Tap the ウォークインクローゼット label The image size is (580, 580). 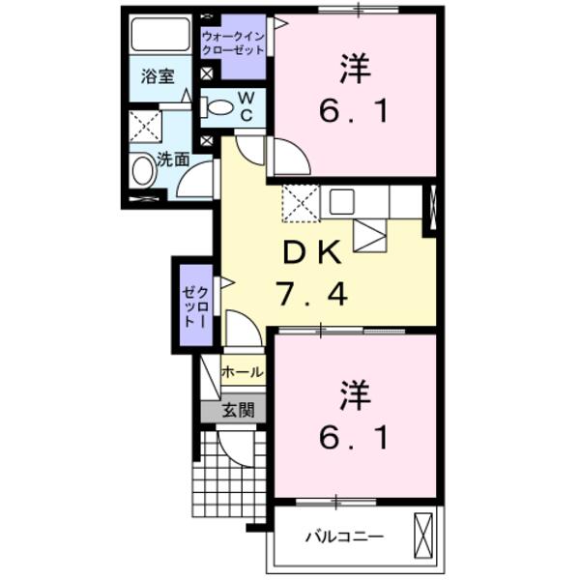pos(233,43)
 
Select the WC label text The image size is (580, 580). pos(246,106)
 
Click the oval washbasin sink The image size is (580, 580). pos(143,172)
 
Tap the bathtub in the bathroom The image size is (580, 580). pos(160,35)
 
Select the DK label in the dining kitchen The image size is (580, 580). pos(311,253)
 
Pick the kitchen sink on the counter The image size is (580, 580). pos(343,201)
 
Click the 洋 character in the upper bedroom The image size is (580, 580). pos(356,70)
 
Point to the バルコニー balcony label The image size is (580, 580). pos(344,536)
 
